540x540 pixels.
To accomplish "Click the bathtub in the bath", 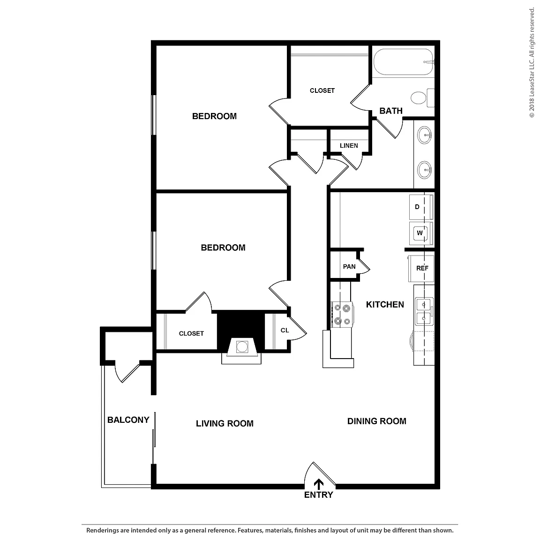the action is point(404,62).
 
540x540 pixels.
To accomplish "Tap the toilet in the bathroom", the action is point(422,98).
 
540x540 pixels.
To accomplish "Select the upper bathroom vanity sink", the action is point(424,135).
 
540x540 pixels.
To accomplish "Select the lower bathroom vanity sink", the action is point(424,169).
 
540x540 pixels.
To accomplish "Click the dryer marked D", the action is point(421,207).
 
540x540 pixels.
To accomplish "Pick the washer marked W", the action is point(421,233).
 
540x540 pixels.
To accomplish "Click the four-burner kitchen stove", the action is point(342,314).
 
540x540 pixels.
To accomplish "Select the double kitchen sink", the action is point(424,311).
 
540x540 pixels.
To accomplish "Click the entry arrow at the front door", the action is point(319,484).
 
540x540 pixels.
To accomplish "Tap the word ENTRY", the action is point(319,495).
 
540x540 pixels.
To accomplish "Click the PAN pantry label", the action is point(349,267).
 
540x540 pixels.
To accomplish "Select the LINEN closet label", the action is point(349,146).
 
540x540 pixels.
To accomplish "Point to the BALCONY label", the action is point(128,420).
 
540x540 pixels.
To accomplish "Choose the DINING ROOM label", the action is point(377,421).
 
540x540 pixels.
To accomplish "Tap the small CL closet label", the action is point(285,330).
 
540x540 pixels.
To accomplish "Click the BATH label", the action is point(391,111).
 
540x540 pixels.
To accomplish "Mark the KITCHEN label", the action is point(385,304).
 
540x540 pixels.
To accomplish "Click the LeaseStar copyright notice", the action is point(532,63).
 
